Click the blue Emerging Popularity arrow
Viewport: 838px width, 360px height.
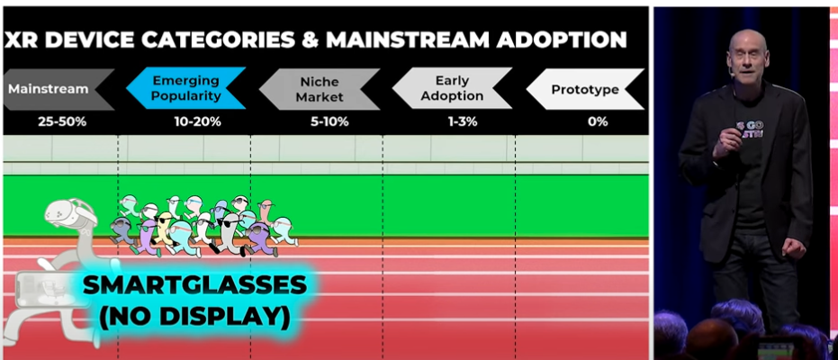point(186,88)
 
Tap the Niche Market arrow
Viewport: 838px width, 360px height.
point(320,89)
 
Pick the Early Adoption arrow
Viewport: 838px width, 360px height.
point(452,88)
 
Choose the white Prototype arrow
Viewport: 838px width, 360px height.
point(585,89)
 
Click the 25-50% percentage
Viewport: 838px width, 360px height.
point(62,121)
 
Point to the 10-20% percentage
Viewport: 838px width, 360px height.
point(197,121)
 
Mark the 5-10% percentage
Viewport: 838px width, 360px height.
point(329,121)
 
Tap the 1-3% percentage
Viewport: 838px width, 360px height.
point(463,121)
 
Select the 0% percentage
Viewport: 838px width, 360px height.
point(598,121)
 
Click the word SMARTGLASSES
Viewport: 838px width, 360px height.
point(195,287)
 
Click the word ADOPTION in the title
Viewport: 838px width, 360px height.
point(562,40)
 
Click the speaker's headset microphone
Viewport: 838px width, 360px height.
point(734,74)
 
